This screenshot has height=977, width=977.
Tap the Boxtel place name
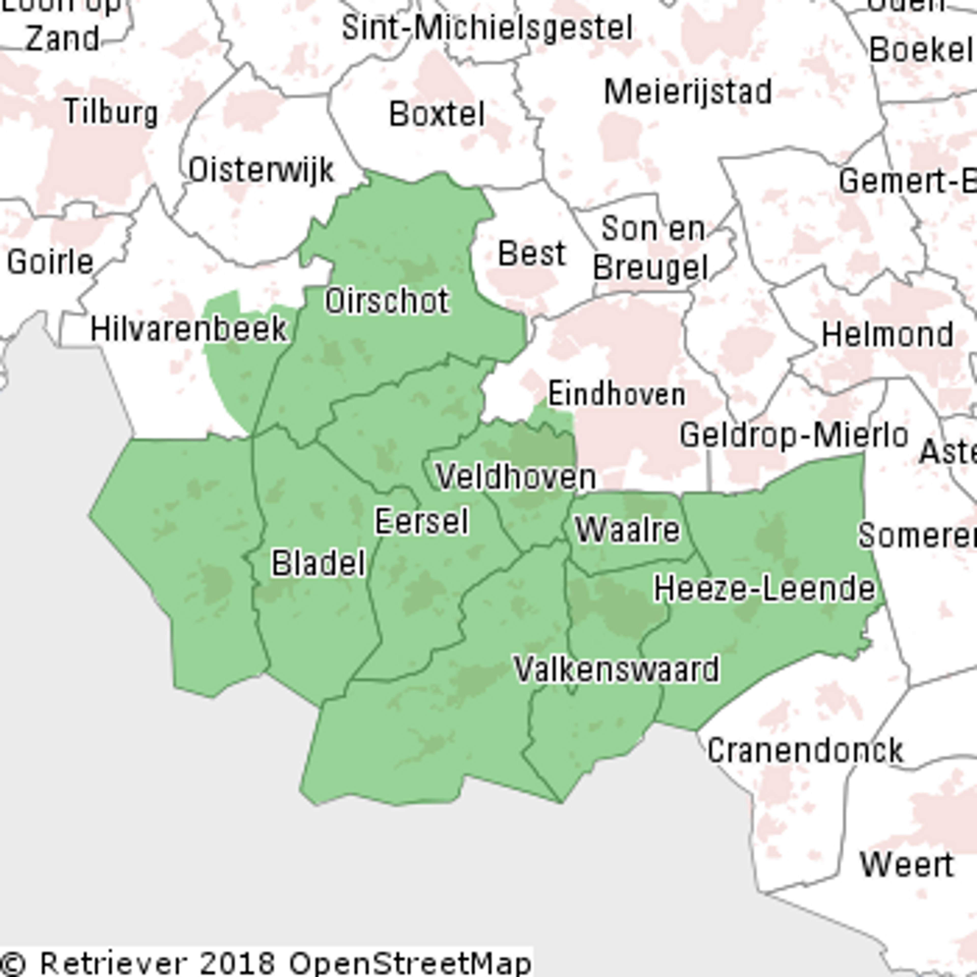(437, 114)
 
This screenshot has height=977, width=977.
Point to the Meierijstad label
(688, 92)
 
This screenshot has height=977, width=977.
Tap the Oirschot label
(387, 301)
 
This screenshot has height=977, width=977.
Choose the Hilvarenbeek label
(189, 329)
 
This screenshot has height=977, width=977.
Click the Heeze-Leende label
(764, 589)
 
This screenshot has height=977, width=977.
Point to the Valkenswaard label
(616, 669)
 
